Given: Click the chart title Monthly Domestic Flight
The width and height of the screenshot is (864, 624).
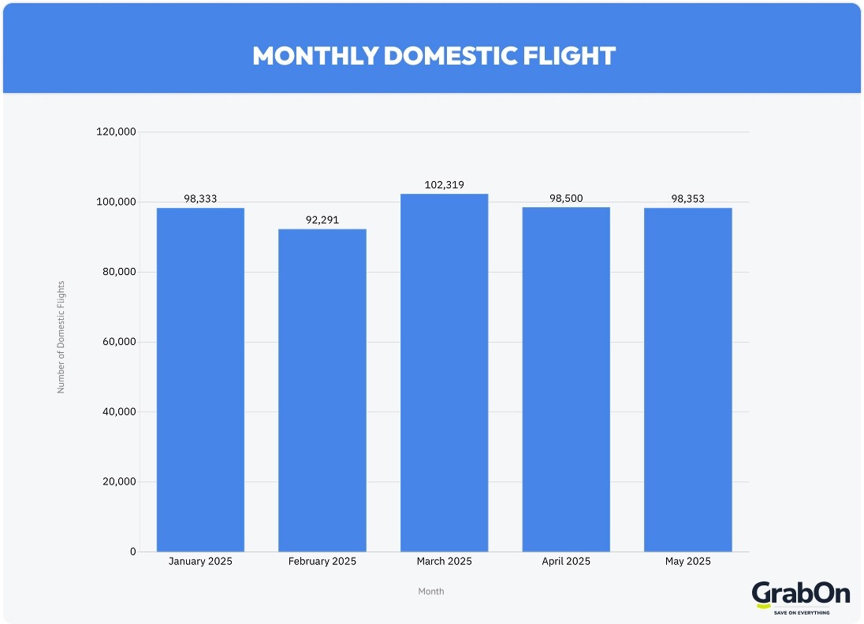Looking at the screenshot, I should [433, 56].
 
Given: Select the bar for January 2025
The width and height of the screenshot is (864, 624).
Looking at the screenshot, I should [200, 379].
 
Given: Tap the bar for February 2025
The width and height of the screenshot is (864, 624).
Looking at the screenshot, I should [322, 390].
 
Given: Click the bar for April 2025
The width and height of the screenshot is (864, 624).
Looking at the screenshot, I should [566, 379].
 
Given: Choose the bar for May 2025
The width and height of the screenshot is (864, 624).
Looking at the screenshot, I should [687, 379].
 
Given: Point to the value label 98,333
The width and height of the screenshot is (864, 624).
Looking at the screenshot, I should [200, 199].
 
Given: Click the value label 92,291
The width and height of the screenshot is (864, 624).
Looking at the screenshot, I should [322, 220].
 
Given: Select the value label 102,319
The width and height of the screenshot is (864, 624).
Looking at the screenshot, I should [444, 185].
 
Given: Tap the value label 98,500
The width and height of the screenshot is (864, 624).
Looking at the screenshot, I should [566, 199].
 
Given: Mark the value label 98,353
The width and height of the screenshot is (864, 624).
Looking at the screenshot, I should [687, 199].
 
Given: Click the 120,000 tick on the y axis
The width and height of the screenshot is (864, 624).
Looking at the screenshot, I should [116, 132].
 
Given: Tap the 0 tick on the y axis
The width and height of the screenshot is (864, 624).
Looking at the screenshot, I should [132, 552].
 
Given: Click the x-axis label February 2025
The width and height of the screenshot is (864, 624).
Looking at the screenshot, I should [322, 562].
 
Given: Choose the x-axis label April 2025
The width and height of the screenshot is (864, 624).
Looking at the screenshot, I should [566, 562].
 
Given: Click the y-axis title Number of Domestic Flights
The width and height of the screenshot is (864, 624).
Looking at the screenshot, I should [61, 336].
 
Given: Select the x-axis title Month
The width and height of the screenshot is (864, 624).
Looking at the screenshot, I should [431, 591].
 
